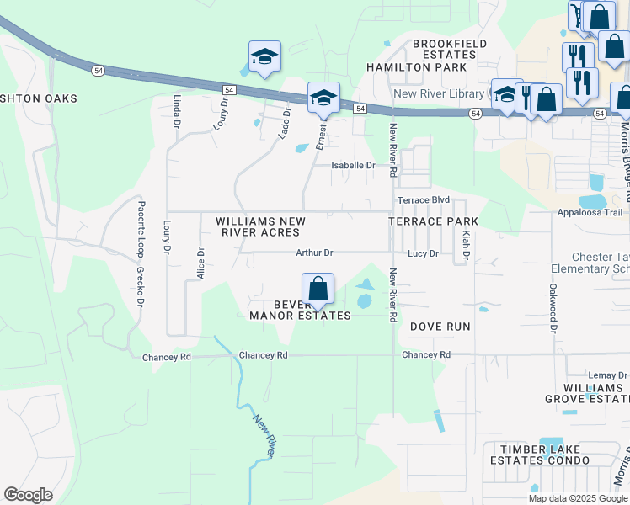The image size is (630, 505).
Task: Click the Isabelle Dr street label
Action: coord(353,166)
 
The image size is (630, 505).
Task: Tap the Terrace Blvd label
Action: coord(419,200)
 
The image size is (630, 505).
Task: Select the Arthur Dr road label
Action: coord(315,252)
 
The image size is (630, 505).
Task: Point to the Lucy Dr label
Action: coord(423,253)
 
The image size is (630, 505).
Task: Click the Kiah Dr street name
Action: coord(465,244)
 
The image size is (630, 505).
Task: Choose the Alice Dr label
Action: coord(200,263)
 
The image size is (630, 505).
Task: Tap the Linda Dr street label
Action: coord(178,111)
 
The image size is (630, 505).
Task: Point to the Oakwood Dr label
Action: coord(553,307)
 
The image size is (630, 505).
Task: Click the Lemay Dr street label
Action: coord(607,375)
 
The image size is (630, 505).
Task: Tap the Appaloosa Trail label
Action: coord(590,213)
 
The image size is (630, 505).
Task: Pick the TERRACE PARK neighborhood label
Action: coord(433,221)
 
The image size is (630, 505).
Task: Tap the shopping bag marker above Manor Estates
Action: coord(318,289)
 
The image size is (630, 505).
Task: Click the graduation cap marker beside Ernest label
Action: coord(323,98)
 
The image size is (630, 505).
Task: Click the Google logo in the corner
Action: coord(28,495)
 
